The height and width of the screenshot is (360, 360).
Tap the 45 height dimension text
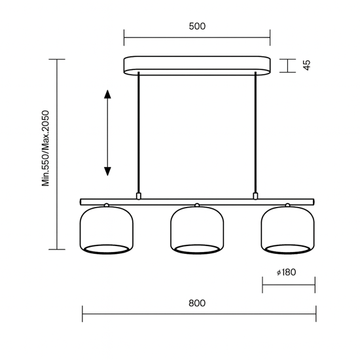coord(306,65)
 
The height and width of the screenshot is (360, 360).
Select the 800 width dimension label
coord(197,303)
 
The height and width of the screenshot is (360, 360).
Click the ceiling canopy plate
coord(197,65)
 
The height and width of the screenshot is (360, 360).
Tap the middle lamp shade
coord(197,230)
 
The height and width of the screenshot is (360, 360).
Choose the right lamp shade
coord(288,230)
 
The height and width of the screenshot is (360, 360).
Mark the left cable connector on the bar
coord(138,195)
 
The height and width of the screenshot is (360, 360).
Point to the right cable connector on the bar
coord(256,195)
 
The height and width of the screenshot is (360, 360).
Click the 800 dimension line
coord(197,314)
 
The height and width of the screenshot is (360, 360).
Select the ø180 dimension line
coord(288,285)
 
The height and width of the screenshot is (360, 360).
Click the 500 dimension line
coord(197,37)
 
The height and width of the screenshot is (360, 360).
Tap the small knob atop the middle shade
coord(197,206)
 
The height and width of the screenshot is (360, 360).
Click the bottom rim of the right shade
coord(288,249)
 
